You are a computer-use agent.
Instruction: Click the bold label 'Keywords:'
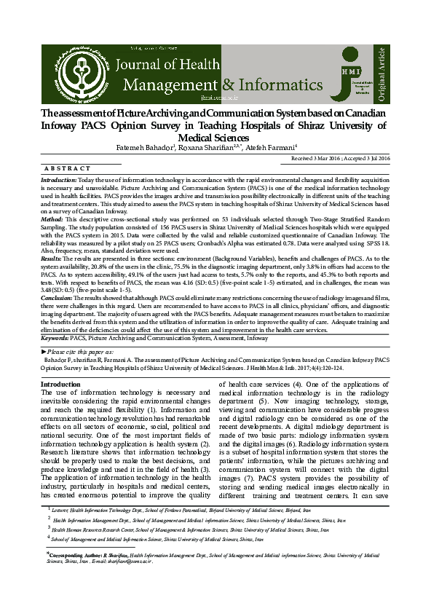pos(55,339)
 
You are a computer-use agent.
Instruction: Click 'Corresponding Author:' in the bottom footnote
pos(73,575)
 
